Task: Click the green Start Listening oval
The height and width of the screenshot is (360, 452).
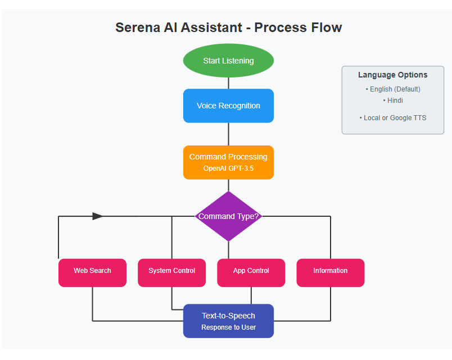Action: pyautogui.click(x=228, y=61)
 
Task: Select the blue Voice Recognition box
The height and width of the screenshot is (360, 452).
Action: pyautogui.click(x=228, y=106)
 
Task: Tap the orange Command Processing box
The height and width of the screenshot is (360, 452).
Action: pyautogui.click(x=228, y=162)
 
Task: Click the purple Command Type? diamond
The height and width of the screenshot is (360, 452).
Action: pyautogui.click(x=228, y=216)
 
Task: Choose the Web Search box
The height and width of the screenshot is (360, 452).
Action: pyautogui.click(x=92, y=273)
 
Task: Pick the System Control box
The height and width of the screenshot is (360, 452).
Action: pyautogui.click(x=171, y=273)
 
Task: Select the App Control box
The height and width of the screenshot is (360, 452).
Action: pyautogui.click(x=251, y=273)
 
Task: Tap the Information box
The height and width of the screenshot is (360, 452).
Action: pyautogui.click(x=330, y=273)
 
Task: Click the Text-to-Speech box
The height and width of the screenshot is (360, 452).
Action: pyautogui.click(x=228, y=321)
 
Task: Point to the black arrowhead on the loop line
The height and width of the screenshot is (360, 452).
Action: pyautogui.click(x=98, y=216)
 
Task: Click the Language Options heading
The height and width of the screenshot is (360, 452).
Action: pyautogui.click(x=392, y=75)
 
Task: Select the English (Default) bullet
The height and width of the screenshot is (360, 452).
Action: pyautogui.click(x=393, y=89)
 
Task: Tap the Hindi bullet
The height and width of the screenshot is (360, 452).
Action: pyautogui.click(x=393, y=101)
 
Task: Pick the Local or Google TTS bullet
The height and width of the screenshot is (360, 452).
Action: pyautogui.click(x=393, y=118)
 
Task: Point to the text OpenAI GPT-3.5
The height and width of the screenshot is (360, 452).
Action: pyautogui.click(x=228, y=168)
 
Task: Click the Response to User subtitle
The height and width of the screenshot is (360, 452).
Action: pyautogui.click(x=228, y=327)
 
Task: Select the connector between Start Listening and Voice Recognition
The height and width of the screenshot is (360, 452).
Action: pyautogui.click(x=228, y=83)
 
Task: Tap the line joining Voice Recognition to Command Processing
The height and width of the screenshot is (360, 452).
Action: pyautogui.click(x=228, y=134)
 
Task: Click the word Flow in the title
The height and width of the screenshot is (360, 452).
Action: pyautogui.click(x=326, y=28)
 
